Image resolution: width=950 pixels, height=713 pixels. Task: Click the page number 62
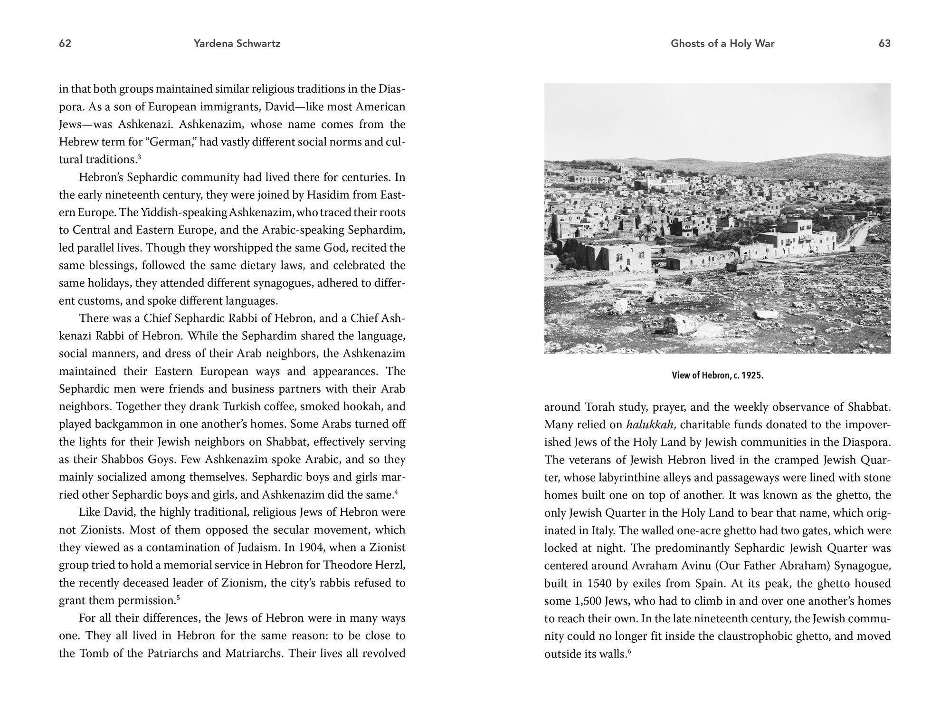65,44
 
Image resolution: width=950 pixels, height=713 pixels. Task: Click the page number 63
884,44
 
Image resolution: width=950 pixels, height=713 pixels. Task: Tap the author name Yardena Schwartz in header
237,44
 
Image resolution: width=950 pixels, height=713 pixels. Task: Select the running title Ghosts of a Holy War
722,44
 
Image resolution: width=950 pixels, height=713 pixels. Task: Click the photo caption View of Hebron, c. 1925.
717,376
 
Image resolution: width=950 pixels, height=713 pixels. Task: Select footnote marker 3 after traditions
139,156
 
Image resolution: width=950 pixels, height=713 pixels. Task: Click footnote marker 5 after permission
178,598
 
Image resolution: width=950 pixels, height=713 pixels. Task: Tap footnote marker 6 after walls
629,651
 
